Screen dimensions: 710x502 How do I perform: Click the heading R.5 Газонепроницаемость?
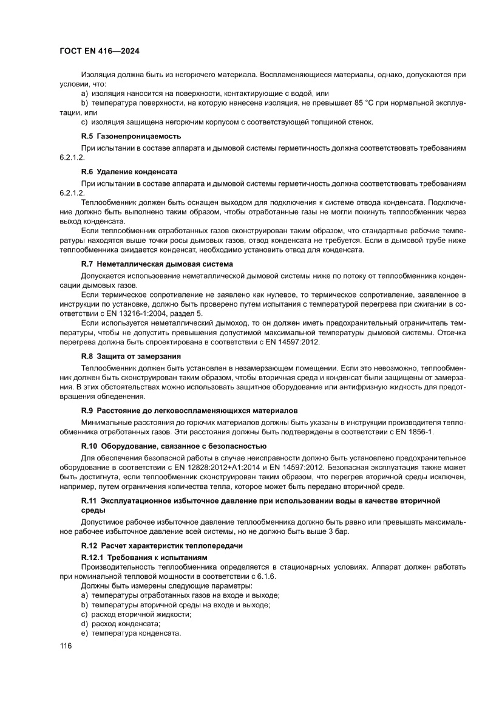(x=131, y=136)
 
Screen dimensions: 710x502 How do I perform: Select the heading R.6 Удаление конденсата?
(x=129, y=171)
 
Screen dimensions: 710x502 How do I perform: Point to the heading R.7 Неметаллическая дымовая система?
(x=157, y=264)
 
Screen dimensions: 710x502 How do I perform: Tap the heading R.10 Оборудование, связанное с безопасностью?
(x=174, y=446)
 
